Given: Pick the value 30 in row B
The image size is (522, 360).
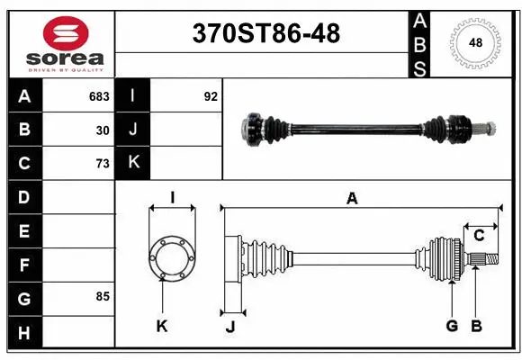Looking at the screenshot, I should (103, 130).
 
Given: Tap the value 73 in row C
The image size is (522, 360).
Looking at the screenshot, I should (103, 163).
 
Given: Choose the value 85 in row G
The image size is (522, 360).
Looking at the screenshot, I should (102, 296).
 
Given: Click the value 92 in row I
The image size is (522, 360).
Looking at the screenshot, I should (211, 96).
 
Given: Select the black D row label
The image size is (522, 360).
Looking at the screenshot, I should (24, 197).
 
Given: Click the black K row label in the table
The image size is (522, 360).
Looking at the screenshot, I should (133, 163).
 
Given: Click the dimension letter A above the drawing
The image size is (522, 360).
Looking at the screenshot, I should (352, 199).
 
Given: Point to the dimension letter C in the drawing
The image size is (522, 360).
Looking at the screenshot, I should (479, 235).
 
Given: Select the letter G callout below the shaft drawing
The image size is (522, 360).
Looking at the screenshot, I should (452, 326).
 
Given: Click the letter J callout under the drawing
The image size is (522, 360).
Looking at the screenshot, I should (230, 327).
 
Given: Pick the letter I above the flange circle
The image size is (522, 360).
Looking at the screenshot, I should (171, 198).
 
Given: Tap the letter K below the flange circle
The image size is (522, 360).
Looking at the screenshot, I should (162, 326).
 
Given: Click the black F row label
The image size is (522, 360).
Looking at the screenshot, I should (24, 265).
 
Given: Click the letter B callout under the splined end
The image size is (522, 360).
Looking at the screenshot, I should (476, 326).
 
